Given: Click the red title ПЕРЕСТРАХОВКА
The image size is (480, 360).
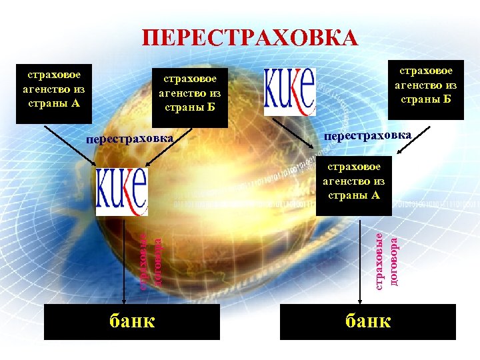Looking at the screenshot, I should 249,39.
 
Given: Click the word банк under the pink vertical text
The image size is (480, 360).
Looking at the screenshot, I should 131,321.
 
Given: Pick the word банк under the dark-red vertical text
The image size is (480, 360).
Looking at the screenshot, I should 368,321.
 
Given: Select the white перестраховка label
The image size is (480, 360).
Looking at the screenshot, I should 130,140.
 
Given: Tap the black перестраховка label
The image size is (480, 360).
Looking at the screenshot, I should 367,135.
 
